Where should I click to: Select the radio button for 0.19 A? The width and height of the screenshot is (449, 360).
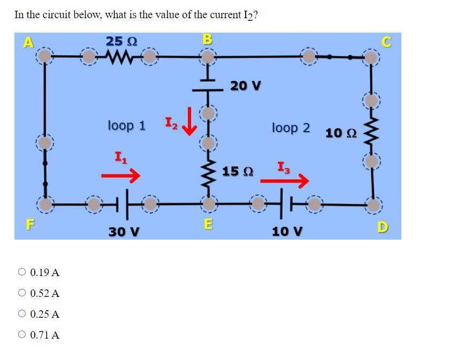pyautogui.click(x=22, y=272)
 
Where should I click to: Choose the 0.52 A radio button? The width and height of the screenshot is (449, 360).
pyautogui.click(x=22, y=293)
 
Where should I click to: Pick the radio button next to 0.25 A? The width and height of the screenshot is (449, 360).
pyautogui.click(x=22, y=314)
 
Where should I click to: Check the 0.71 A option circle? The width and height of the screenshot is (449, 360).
pyautogui.click(x=22, y=335)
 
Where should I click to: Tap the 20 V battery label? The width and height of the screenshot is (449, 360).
pyautogui.click(x=246, y=86)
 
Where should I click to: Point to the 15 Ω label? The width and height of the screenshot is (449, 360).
pyautogui.click(x=238, y=172)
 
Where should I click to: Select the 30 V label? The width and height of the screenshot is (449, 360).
pyautogui.click(x=124, y=232)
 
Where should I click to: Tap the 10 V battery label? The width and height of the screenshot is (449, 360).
pyautogui.click(x=287, y=232)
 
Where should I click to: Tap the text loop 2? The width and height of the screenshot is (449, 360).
pyautogui.click(x=291, y=128)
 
